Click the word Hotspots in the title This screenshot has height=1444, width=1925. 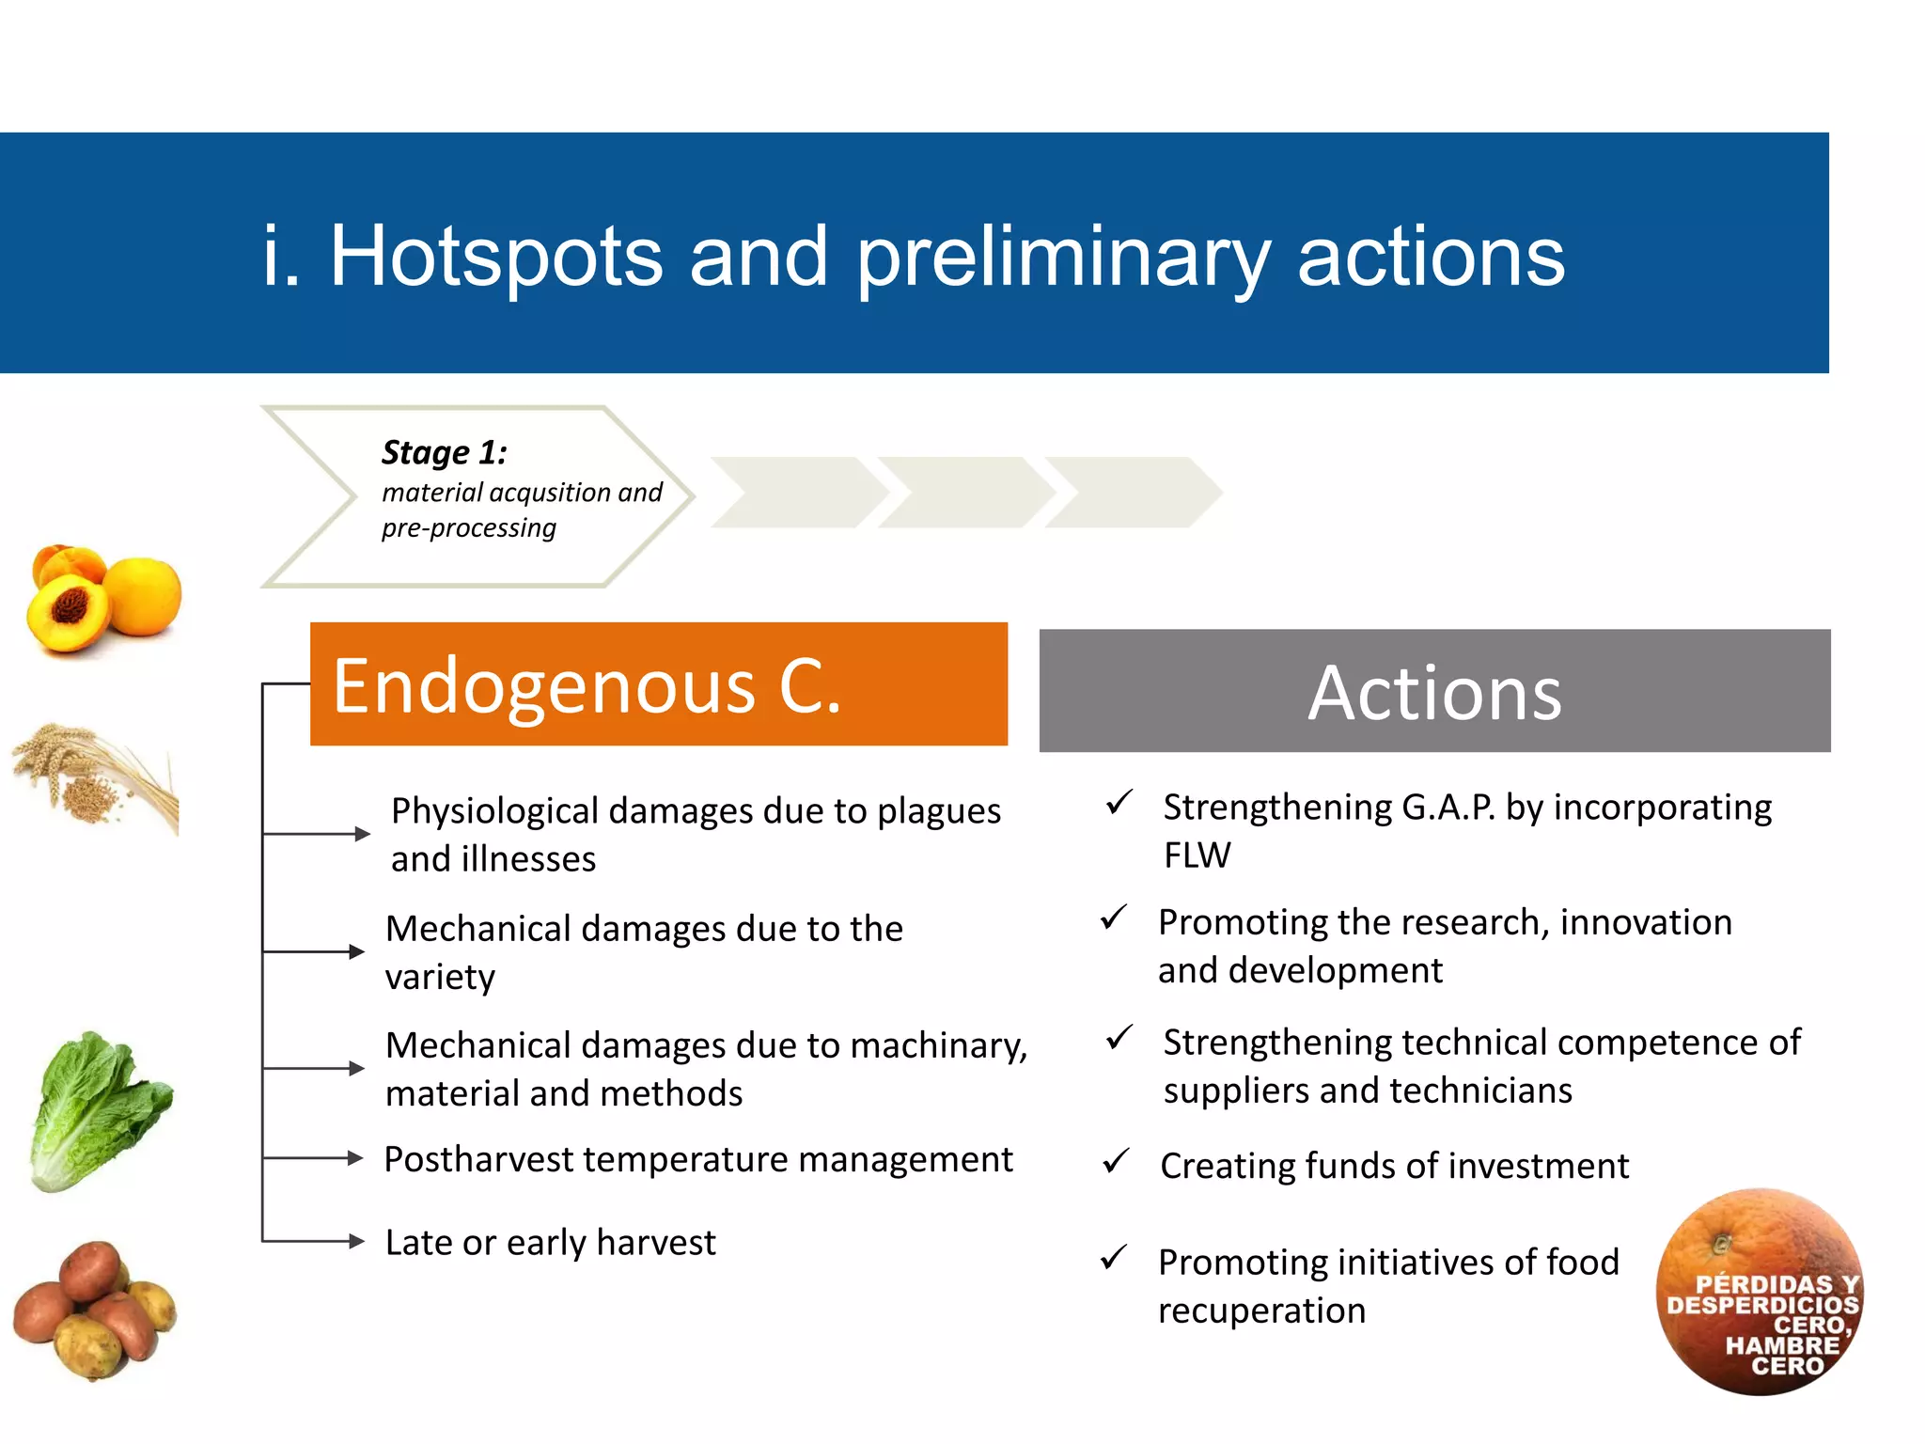tap(496, 256)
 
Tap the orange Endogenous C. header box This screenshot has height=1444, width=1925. tap(658, 684)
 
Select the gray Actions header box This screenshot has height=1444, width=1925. tap(1434, 691)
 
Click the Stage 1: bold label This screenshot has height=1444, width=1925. tap(444, 453)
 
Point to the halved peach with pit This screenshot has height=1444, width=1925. tap(68, 613)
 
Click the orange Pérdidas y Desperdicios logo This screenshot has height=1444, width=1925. tap(1760, 1293)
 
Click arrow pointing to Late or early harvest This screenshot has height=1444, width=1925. tap(352, 1242)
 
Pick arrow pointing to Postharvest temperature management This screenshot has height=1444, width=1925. tap(352, 1158)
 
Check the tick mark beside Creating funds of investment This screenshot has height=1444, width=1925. tap(1116, 1162)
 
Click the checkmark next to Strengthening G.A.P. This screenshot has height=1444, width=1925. tap(1119, 803)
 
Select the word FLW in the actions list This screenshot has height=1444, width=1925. tap(1197, 855)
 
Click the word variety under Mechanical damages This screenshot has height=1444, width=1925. tap(440, 977)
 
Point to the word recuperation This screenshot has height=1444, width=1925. tap(1261, 1311)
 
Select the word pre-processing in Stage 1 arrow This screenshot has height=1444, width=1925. tap(468, 528)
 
